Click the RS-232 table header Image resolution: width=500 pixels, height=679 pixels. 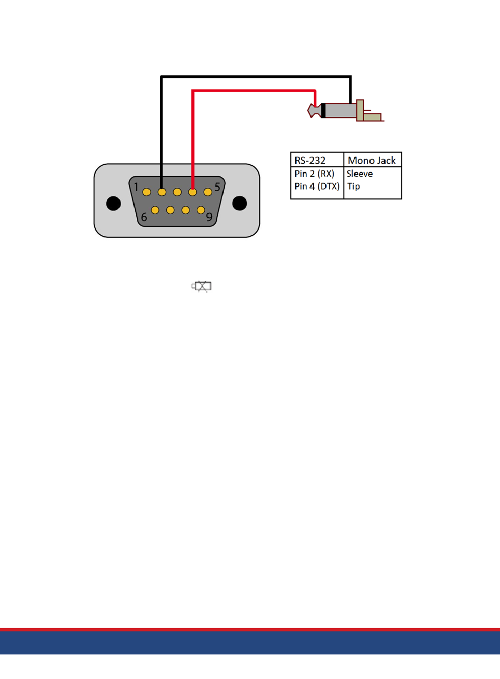coord(309,160)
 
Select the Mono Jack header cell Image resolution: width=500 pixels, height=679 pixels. coord(372,160)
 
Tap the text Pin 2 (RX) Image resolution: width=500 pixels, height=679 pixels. coord(314,174)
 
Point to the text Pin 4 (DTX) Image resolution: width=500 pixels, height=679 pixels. coord(317,186)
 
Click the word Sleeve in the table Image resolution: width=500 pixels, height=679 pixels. coord(359,174)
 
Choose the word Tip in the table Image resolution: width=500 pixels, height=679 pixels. coord(354,186)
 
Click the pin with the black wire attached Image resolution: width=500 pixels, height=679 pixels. coord(162,192)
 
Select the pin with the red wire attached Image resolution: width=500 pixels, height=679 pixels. coord(193,192)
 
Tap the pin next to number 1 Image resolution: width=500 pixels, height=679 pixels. coord(147,192)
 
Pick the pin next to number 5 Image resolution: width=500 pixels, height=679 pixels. coord(207,192)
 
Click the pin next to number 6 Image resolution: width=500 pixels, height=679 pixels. coord(155,210)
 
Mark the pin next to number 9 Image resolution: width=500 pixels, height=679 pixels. coord(201,210)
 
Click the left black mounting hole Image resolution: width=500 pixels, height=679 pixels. coord(113,203)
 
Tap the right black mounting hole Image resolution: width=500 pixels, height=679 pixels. coord(239,203)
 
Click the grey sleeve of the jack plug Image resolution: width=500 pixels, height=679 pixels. coord(341,111)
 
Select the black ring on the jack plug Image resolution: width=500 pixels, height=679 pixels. coord(323,111)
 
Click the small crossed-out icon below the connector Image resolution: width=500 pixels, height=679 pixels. coord(202,286)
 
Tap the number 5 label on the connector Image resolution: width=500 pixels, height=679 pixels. coord(217,187)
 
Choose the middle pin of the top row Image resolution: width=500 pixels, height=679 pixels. coord(177,192)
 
